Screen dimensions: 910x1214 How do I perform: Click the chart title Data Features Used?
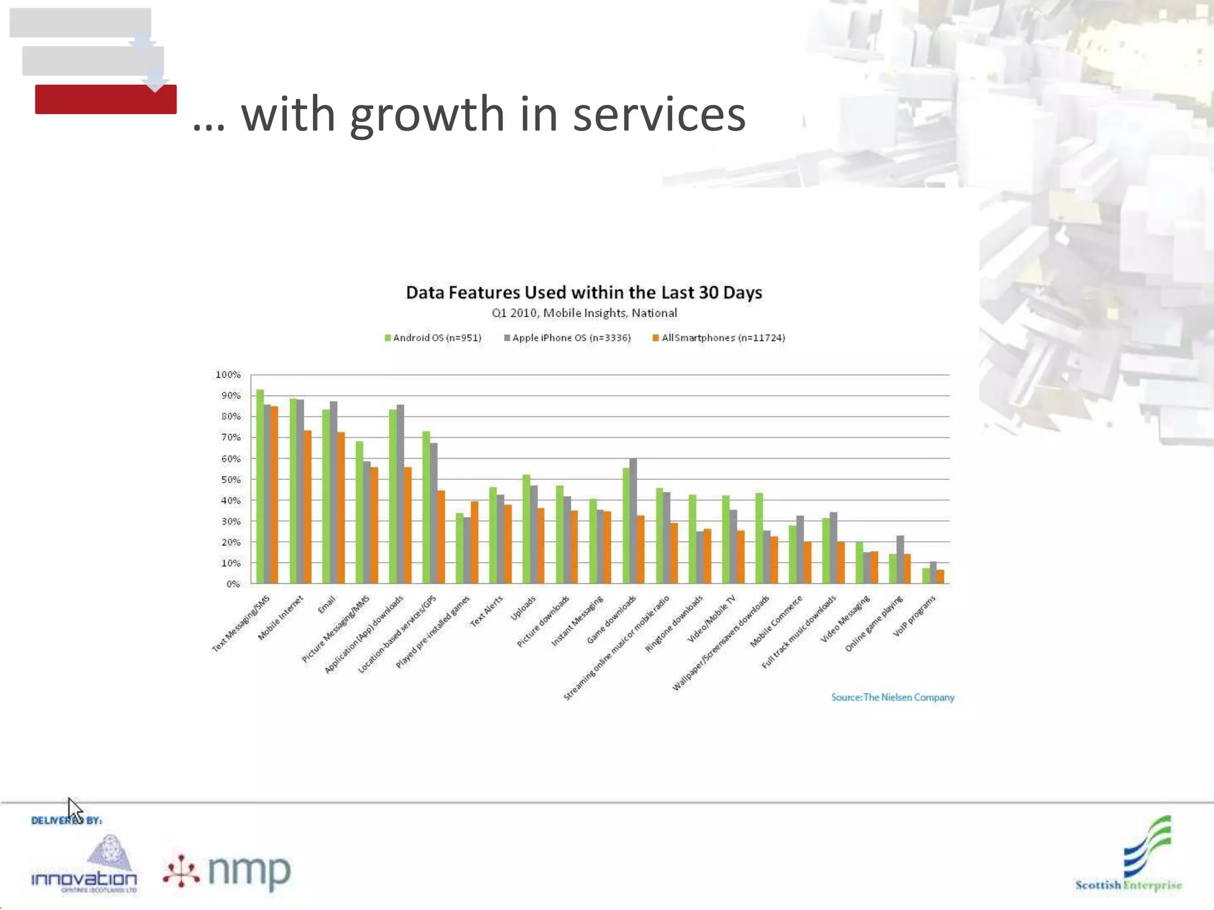(x=584, y=293)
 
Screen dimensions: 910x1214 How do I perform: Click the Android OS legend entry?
(x=433, y=338)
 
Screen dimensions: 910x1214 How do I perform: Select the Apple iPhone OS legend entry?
(x=567, y=338)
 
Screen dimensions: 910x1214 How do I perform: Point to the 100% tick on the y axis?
(x=228, y=374)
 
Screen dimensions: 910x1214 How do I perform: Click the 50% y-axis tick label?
(x=231, y=479)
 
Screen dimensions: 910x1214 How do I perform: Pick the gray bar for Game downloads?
(x=633, y=521)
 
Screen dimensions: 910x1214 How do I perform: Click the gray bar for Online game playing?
(x=900, y=559)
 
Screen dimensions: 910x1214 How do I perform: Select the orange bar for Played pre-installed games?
(x=474, y=542)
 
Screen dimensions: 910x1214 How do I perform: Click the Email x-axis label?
(x=327, y=604)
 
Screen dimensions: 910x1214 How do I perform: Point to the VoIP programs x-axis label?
(x=914, y=616)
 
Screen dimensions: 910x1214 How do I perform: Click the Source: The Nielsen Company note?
(x=892, y=697)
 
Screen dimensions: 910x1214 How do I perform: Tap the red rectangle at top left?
(x=106, y=99)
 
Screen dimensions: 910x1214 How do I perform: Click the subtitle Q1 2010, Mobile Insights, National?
(x=584, y=313)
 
